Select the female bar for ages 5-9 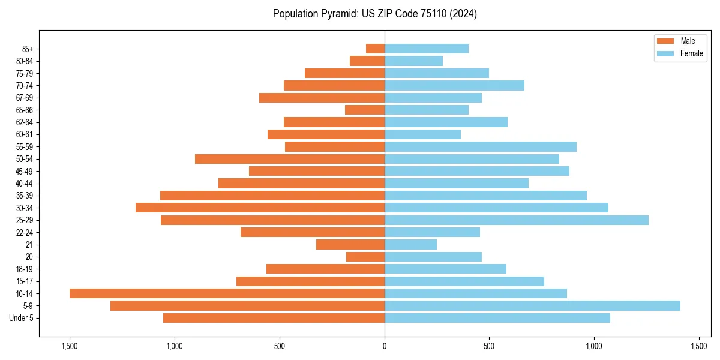(532, 305)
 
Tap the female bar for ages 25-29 (516, 220)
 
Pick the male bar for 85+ (375, 49)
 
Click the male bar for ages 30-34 (260, 208)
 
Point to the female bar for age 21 (410, 244)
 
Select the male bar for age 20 (365, 257)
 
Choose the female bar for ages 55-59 (480, 146)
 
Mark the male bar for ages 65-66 (365, 110)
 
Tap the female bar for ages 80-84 (413, 61)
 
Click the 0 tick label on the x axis (385, 346)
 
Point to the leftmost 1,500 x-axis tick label (70, 346)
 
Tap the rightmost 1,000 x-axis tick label (594, 346)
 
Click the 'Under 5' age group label (21, 318)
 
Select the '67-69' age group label (25, 98)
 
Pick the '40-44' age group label (25, 184)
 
